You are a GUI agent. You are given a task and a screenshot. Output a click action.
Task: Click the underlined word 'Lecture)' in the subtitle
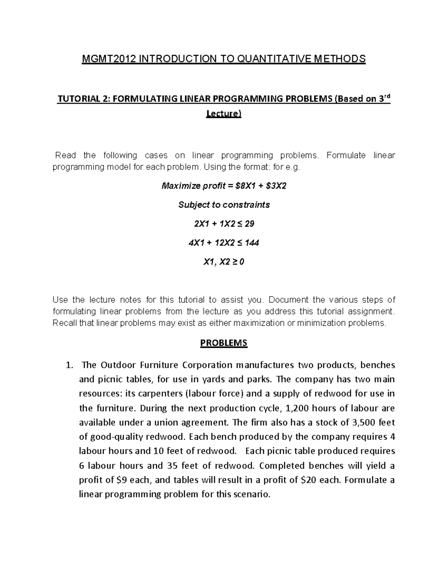[224, 114]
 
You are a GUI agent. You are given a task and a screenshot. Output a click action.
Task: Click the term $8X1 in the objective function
[245, 186]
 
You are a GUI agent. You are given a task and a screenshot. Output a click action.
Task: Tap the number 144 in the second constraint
[252, 243]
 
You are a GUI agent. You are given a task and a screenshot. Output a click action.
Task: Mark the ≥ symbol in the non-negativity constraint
[234, 262]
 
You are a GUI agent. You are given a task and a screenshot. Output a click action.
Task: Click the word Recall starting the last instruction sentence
[65, 323]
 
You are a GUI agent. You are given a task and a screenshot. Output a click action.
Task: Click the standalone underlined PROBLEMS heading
[224, 343]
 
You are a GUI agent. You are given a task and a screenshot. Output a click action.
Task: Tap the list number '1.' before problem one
[68, 365]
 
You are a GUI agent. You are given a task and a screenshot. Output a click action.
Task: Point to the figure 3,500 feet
[363, 422]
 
